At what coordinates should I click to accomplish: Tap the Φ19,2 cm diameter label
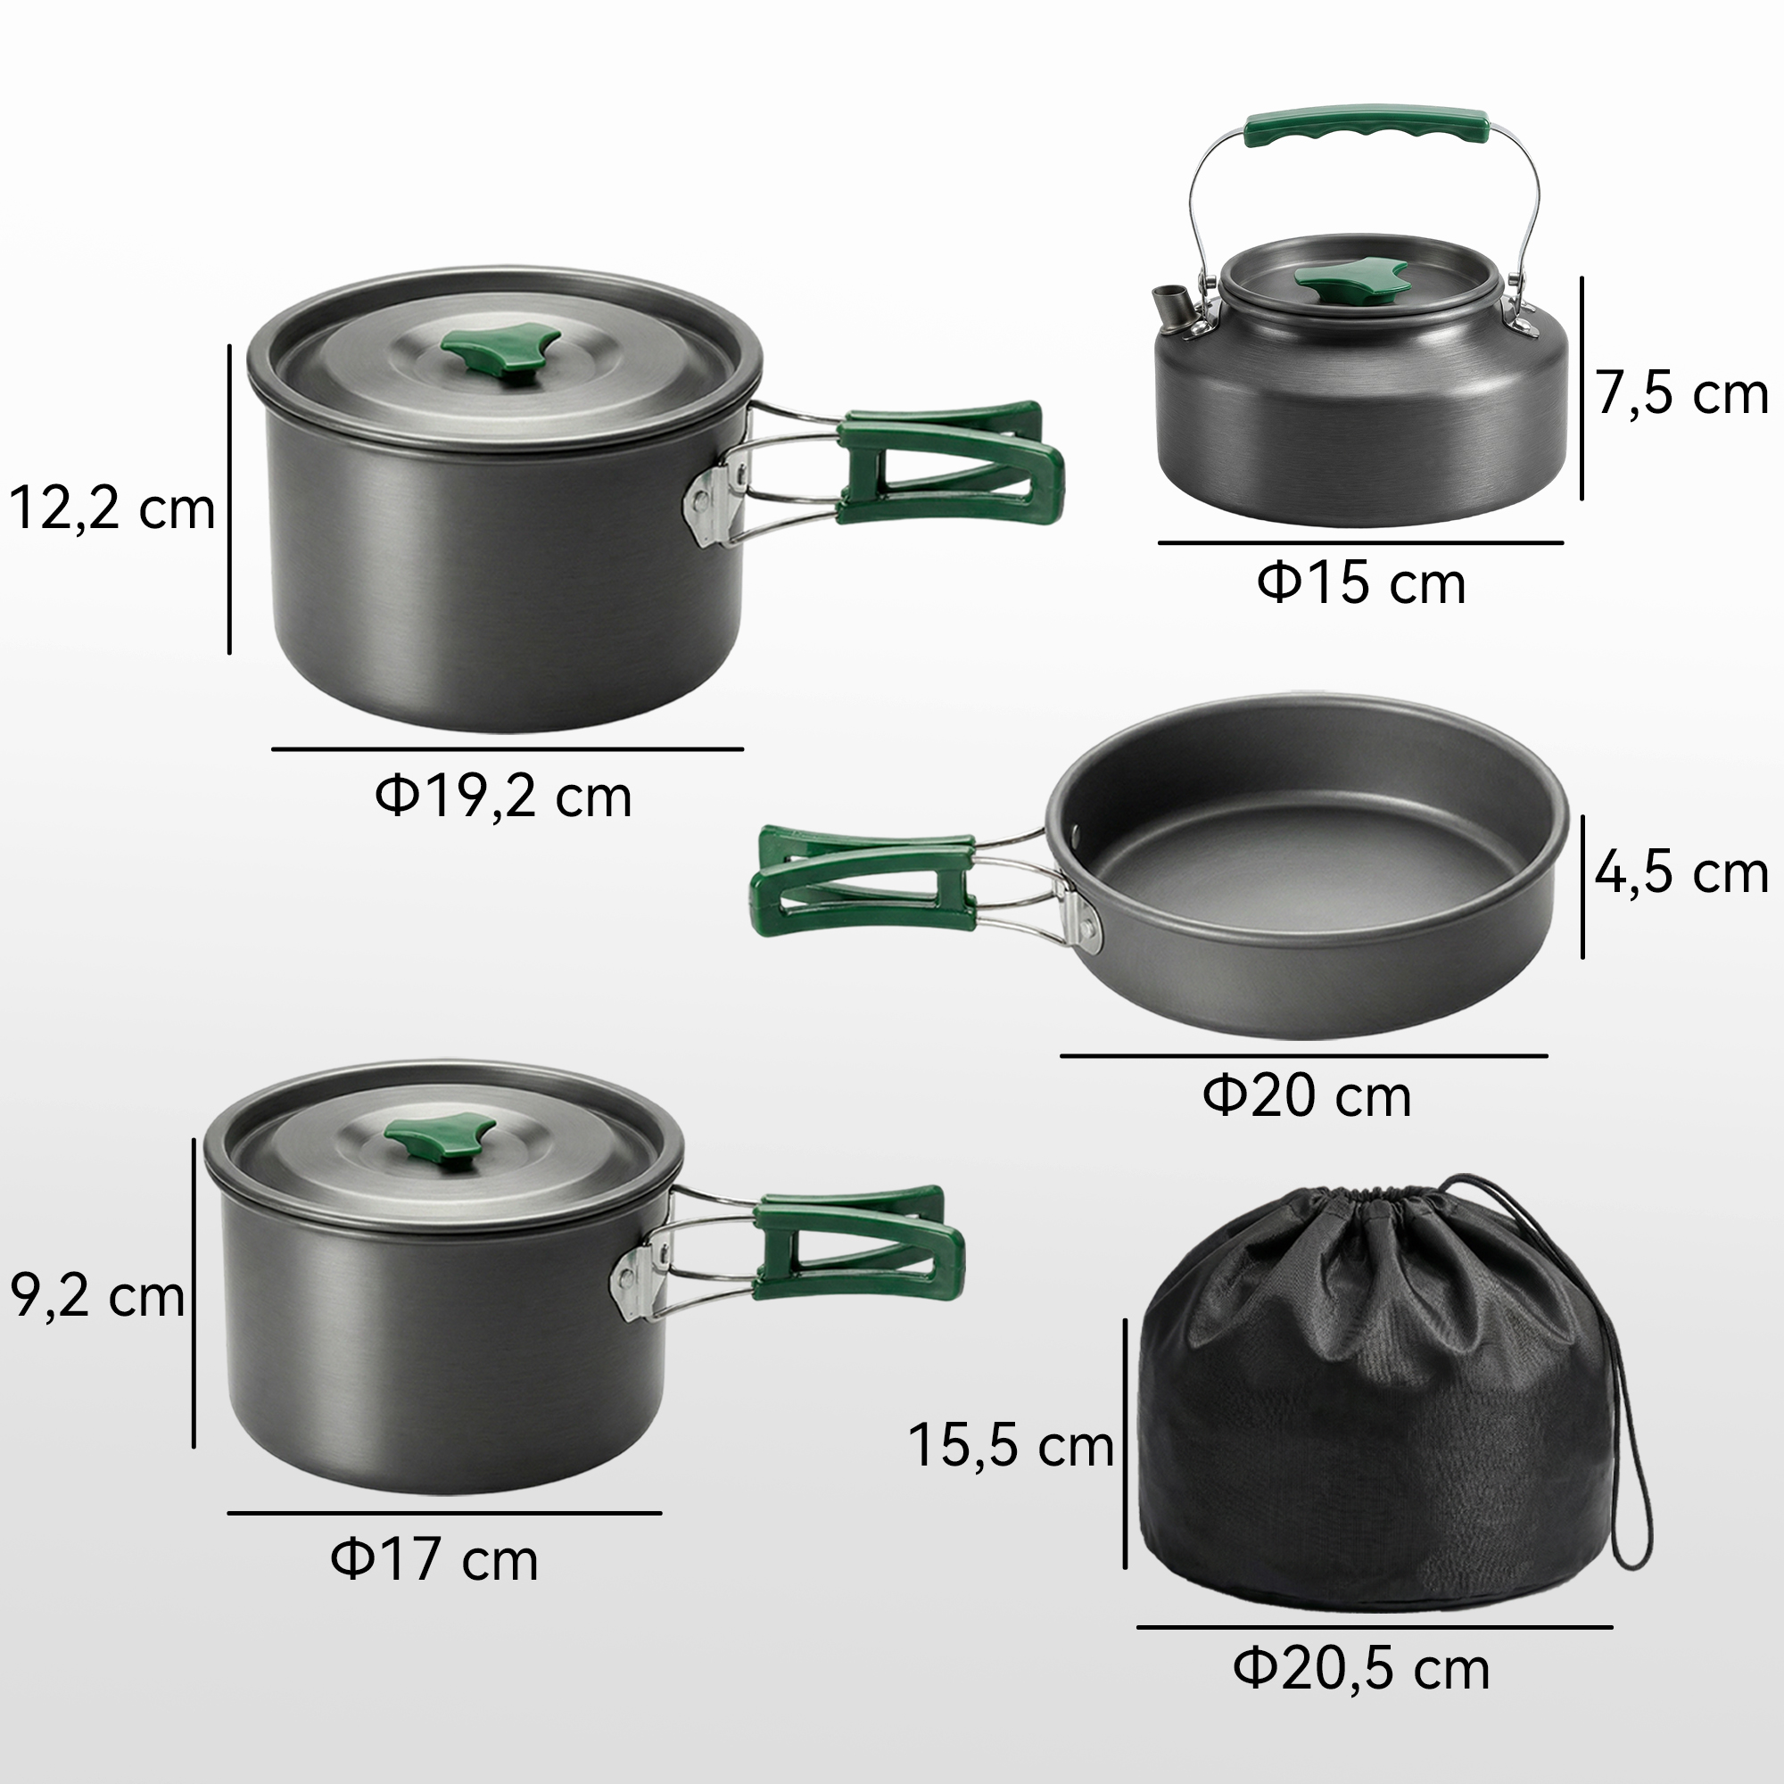[503, 796]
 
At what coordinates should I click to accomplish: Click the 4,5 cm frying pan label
[1681, 872]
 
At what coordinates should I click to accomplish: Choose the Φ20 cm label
[1307, 1096]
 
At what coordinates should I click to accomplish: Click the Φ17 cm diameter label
[434, 1559]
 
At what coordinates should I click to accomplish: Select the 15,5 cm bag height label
[1012, 1445]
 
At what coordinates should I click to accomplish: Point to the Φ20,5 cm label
[1362, 1669]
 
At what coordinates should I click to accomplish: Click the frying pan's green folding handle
[863, 881]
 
